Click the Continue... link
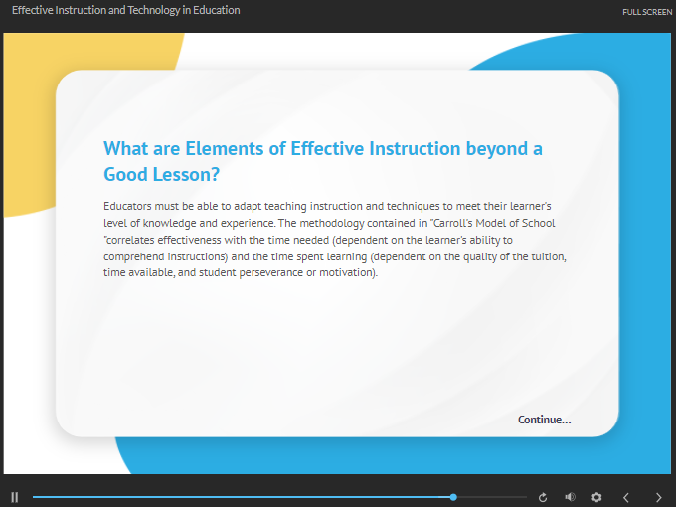pyautogui.click(x=544, y=420)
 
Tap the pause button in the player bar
pyautogui.click(x=15, y=497)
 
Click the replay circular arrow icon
pyautogui.click(x=543, y=497)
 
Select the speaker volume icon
pyautogui.click(x=570, y=497)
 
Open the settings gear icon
pyautogui.click(x=596, y=497)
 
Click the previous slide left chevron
pyautogui.click(x=626, y=497)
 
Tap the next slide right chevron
pyautogui.click(x=658, y=497)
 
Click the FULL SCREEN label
pyautogui.click(x=647, y=12)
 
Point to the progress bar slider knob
pyautogui.click(x=453, y=497)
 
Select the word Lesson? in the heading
pyautogui.click(x=186, y=175)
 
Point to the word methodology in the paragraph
pyautogui.click(x=332, y=223)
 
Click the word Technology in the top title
pyautogui.click(x=153, y=10)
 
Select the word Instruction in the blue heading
pyautogui.click(x=415, y=149)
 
